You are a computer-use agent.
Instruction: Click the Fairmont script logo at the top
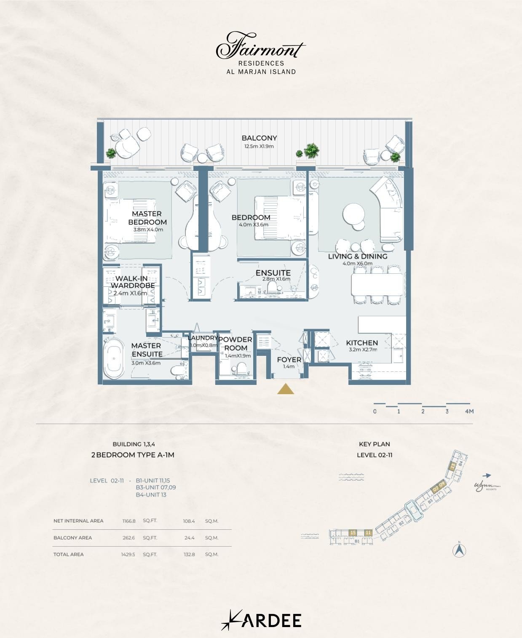(260, 46)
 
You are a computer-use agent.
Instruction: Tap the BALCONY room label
(259, 138)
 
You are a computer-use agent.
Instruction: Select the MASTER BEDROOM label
(147, 218)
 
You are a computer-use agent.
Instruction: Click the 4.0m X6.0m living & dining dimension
(357, 264)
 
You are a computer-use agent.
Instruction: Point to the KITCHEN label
(362, 343)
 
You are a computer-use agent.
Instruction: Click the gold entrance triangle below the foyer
(286, 390)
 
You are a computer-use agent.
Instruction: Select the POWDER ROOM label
(235, 344)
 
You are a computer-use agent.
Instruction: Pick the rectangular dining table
(377, 285)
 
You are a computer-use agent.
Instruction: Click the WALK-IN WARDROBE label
(132, 282)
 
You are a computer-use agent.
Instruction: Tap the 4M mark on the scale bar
(469, 411)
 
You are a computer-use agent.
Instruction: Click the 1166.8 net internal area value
(129, 521)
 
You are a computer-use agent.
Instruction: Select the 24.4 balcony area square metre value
(189, 538)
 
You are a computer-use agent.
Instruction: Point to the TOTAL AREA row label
(68, 555)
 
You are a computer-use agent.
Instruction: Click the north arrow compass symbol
(459, 550)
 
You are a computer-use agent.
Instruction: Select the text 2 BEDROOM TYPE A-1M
(133, 455)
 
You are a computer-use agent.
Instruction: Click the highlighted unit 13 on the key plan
(452, 466)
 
